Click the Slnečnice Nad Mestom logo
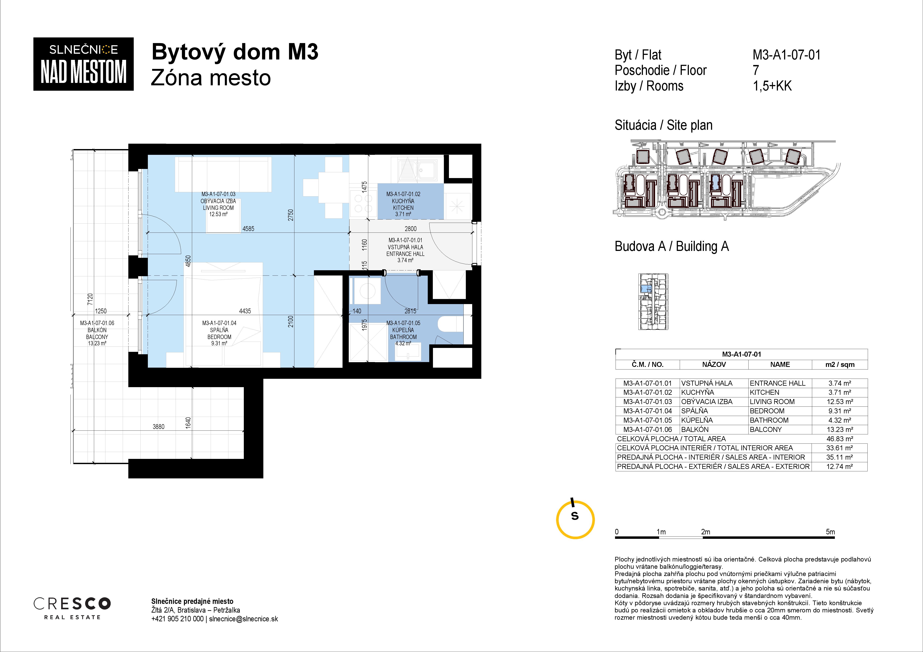83,64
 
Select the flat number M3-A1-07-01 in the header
786,55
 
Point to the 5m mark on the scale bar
830,532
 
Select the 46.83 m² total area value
840,439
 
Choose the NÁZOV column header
714,364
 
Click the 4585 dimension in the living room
248,229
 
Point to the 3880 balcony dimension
158,427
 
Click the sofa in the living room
223,175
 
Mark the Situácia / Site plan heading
663,125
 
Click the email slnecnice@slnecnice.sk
244,619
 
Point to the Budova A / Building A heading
671,246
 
